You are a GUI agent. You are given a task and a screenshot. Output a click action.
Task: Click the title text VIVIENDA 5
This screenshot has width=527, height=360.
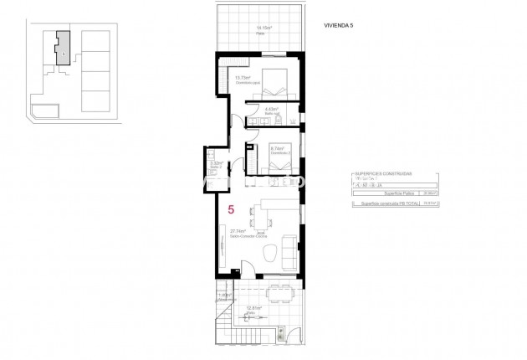pos(340,26)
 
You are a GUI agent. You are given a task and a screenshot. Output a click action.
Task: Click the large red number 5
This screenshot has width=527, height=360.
pos(231,212)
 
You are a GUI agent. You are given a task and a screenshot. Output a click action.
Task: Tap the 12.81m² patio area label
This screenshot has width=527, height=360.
pos(255,308)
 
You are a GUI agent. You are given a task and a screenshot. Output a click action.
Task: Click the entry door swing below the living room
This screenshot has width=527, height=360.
pos(247,270)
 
